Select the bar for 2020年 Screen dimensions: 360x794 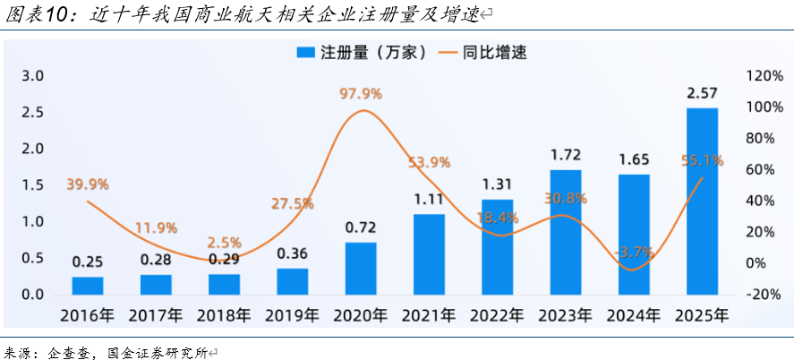(361, 269)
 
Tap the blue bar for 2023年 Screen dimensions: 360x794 (566, 232)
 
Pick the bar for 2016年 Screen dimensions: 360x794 (88, 286)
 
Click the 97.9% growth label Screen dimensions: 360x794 (361, 93)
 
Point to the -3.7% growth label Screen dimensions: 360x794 (635, 253)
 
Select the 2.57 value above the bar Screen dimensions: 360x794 (702, 93)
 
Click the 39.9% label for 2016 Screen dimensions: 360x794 (88, 184)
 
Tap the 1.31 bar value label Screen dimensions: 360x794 (497, 184)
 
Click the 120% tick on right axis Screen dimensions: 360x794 (764, 76)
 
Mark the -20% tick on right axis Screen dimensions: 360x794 (764, 295)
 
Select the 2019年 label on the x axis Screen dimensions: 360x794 (292, 316)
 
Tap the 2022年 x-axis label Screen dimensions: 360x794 (497, 316)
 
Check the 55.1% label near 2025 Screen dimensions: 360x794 (702, 161)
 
